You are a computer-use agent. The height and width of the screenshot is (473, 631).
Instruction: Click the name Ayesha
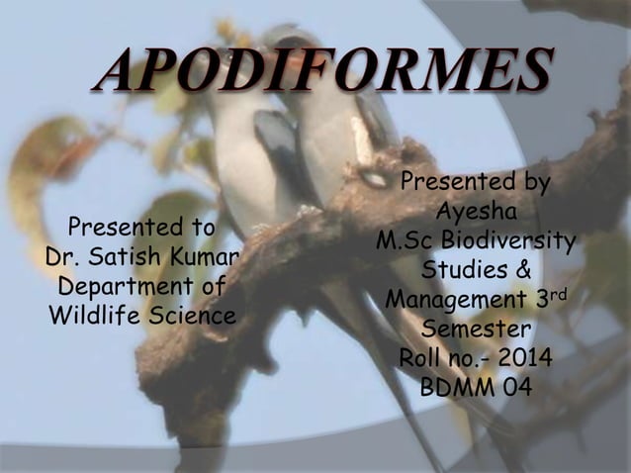tap(475, 213)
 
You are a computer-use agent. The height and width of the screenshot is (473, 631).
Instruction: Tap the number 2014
tap(526, 356)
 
